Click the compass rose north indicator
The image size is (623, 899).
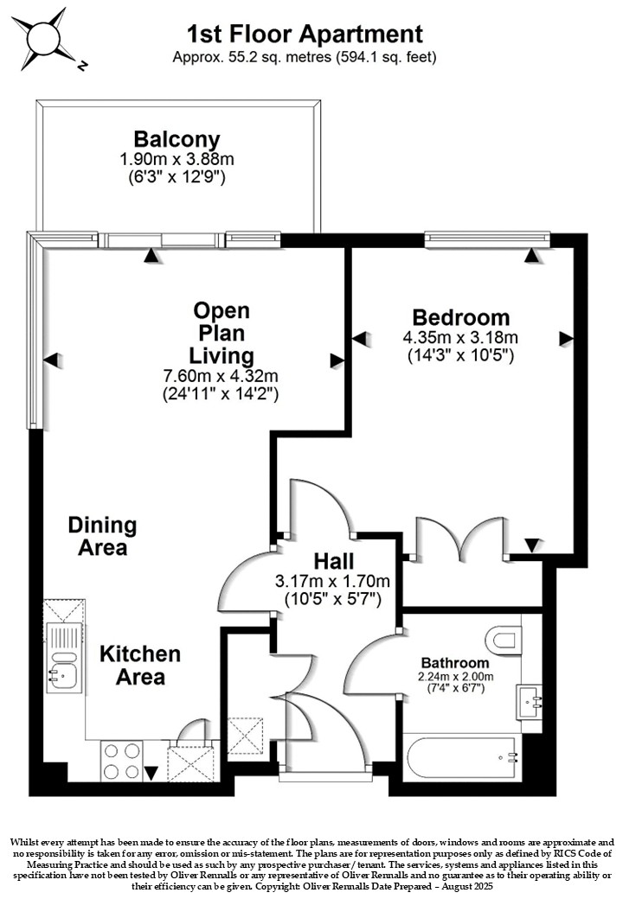[x=82, y=66]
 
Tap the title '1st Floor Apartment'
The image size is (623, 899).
[x=305, y=35]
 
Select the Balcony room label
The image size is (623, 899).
[x=177, y=139]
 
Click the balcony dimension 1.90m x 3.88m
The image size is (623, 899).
[x=177, y=159]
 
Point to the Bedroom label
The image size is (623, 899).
[x=460, y=317]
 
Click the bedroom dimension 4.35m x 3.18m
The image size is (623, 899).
[x=460, y=336]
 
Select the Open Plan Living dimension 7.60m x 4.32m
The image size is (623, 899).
[x=221, y=376]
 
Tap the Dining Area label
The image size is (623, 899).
[x=103, y=536]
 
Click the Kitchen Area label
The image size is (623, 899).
[x=140, y=665]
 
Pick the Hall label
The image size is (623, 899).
[x=333, y=561]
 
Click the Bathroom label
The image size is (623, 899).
[x=455, y=663]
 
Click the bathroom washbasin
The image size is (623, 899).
[x=530, y=702]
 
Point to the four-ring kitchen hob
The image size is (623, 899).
[x=122, y=761]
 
